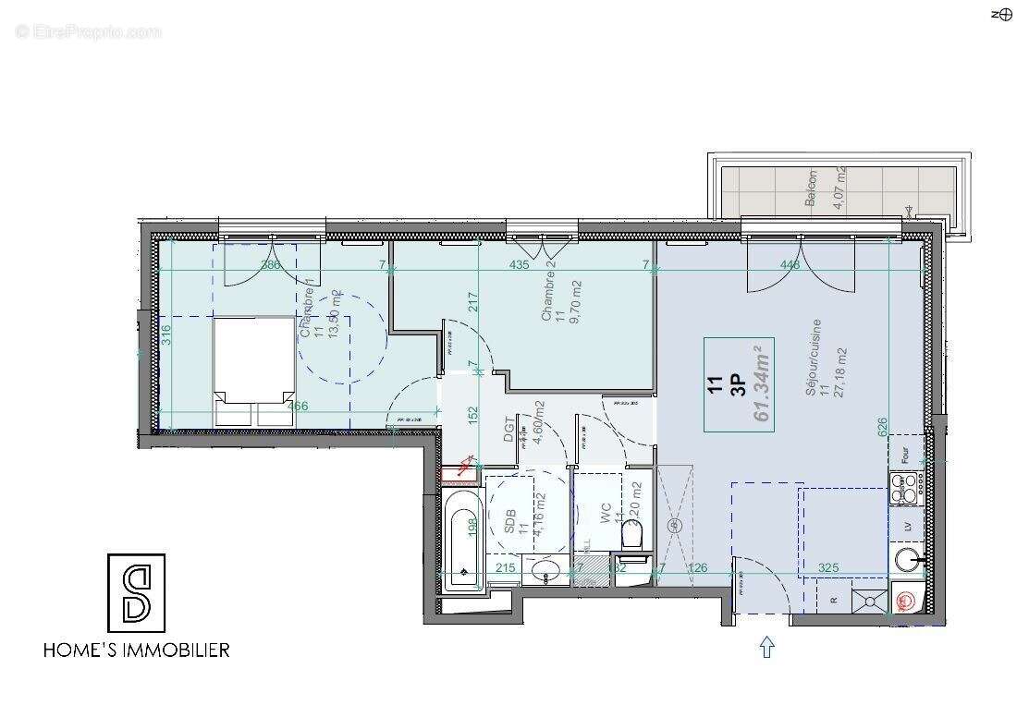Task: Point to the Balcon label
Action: coord(813,190)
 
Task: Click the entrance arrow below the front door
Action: coord(766,647)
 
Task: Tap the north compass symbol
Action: coord(1002,14)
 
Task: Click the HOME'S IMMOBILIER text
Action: coord(137,650)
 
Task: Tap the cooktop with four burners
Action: coord(904,487)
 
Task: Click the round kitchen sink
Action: coord(908,558)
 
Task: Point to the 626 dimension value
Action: coord(882,426)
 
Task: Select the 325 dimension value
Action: coord(828,567)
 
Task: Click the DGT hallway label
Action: coord(508,427)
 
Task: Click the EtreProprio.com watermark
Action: coord(89,31)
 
